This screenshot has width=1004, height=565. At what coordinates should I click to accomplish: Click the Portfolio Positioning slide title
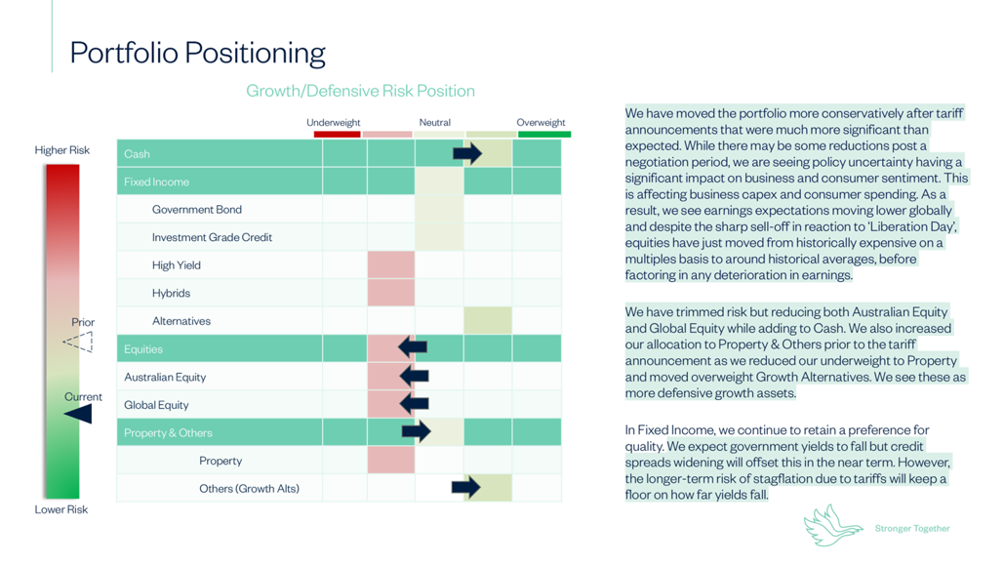[x=197, y=52]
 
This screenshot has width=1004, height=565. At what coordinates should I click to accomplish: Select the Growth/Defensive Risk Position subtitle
[x=360, y=91]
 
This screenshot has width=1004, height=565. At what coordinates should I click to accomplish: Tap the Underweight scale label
[x=334, y=122]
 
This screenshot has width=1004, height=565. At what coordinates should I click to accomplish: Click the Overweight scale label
[x=541, y=122]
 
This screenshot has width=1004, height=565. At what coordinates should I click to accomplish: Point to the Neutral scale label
[x=435, y=122]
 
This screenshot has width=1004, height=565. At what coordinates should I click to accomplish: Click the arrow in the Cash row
[x=467, y=153]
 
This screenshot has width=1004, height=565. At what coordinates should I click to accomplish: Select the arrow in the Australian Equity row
[x=414, y=376]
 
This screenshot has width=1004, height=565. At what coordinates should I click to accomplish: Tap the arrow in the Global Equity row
[x=414, y=403]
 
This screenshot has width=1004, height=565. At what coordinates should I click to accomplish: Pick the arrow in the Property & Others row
[x=417, y=431]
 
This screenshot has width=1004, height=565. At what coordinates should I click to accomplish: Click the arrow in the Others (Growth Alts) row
[x=465, y=487]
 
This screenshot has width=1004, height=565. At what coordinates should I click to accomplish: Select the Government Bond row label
[x=196, y=209]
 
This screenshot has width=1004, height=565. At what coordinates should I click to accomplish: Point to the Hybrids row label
[x=171, y=293]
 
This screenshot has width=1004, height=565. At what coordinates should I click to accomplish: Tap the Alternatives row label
[x=181, y=320]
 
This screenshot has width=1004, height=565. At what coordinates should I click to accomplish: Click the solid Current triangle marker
[x=79, y=414]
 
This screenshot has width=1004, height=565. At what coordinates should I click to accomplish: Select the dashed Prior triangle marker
[x=79, y=342]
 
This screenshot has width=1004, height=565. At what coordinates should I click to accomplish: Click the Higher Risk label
[x=62, y=150]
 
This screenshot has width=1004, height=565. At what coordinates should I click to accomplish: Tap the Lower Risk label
[x=61, y=509]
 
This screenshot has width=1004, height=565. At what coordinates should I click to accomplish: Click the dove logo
[x=831, y=525]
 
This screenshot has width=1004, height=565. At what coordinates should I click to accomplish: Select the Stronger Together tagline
[x=912, y=529]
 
